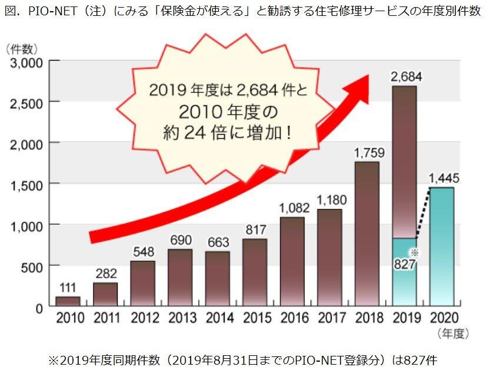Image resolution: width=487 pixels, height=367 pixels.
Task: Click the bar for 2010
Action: click(68, 301)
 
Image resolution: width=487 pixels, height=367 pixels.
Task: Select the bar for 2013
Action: click(180, 278)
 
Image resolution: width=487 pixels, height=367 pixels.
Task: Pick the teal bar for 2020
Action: click(441, 246)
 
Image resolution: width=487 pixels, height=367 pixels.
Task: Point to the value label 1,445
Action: click(443, 178)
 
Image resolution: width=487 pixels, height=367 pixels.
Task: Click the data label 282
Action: click(105, 273)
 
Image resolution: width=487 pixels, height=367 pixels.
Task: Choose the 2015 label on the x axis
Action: click(255, 318)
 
